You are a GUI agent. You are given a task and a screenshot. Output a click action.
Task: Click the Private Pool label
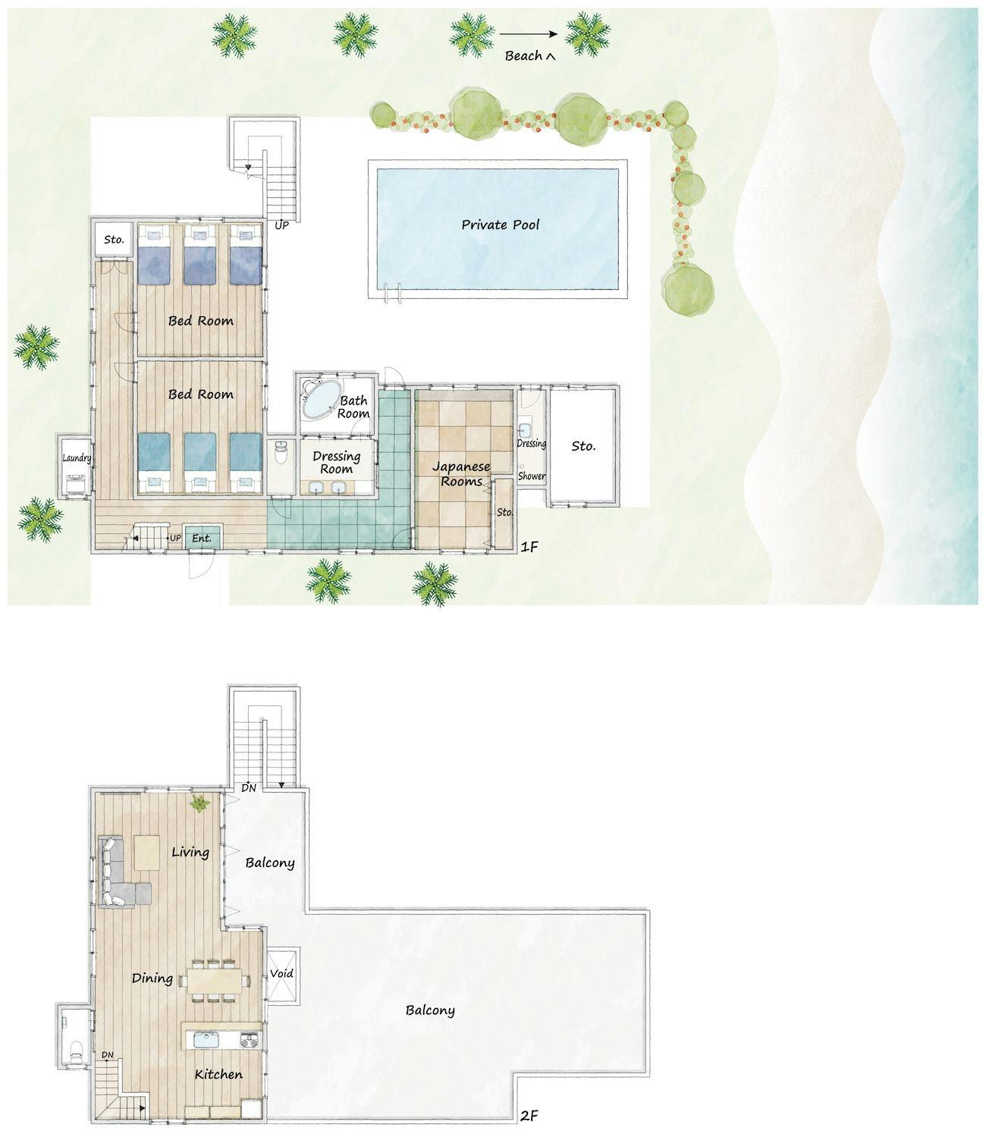[500, 225]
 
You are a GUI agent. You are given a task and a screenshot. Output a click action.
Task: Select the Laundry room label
[77, 458]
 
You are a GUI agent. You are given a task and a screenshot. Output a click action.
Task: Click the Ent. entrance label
[202, 539]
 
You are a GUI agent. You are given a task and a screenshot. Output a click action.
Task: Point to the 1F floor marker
[529, 546]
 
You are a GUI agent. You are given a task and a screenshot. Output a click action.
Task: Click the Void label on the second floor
[281, 973]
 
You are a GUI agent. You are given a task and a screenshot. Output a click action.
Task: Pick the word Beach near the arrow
[523, 56]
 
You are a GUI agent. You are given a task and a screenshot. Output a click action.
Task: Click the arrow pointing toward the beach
[528, 34]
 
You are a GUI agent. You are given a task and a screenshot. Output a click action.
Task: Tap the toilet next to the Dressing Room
[281, 454]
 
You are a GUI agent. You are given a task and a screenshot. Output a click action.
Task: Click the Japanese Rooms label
[461, 474]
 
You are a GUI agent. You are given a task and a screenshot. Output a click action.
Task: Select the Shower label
[532, 476]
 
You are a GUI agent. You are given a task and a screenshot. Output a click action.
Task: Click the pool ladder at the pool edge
[392, 292]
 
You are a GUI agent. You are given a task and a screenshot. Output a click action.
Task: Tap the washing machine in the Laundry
[76, 484]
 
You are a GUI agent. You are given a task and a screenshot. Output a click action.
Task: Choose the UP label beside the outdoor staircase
[281, 225]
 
